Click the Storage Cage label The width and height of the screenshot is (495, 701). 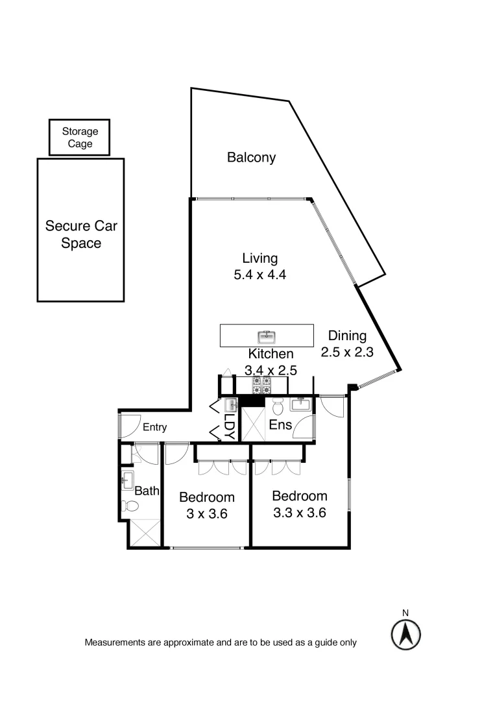[80, 138]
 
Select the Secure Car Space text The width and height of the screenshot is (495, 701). [81, 235]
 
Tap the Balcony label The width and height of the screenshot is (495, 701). [251, 157]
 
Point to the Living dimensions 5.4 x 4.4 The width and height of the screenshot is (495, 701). [260, 275]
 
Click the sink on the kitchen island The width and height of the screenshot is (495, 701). [267, 336]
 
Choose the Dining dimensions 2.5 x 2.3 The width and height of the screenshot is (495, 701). [347, 353]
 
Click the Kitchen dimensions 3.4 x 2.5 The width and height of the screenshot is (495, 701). [271, 371]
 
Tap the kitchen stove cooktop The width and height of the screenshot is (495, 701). [261, 385]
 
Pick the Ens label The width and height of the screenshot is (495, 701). [281, 426]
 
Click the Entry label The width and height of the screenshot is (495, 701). [154, 427]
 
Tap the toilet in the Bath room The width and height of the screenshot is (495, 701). [129, 506]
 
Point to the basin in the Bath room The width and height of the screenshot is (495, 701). [127, 482]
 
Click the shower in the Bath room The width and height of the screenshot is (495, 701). [143, 534]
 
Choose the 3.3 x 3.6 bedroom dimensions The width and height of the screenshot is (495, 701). [298, 511]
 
